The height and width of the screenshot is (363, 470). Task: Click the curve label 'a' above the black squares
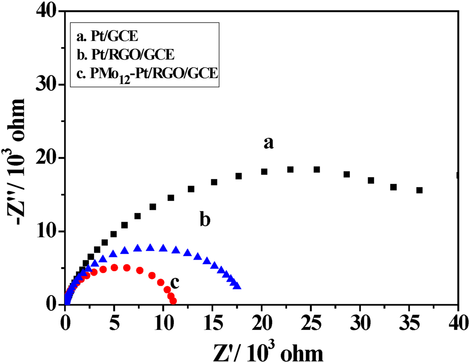[x=269, y=143]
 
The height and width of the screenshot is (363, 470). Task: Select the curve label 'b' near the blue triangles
[x=205, y=220]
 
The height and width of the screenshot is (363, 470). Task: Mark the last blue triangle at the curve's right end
[x=237, y=286]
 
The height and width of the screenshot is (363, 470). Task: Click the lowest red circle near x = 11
[x=173, y=301]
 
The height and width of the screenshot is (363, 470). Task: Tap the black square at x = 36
[x=419, y=190]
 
